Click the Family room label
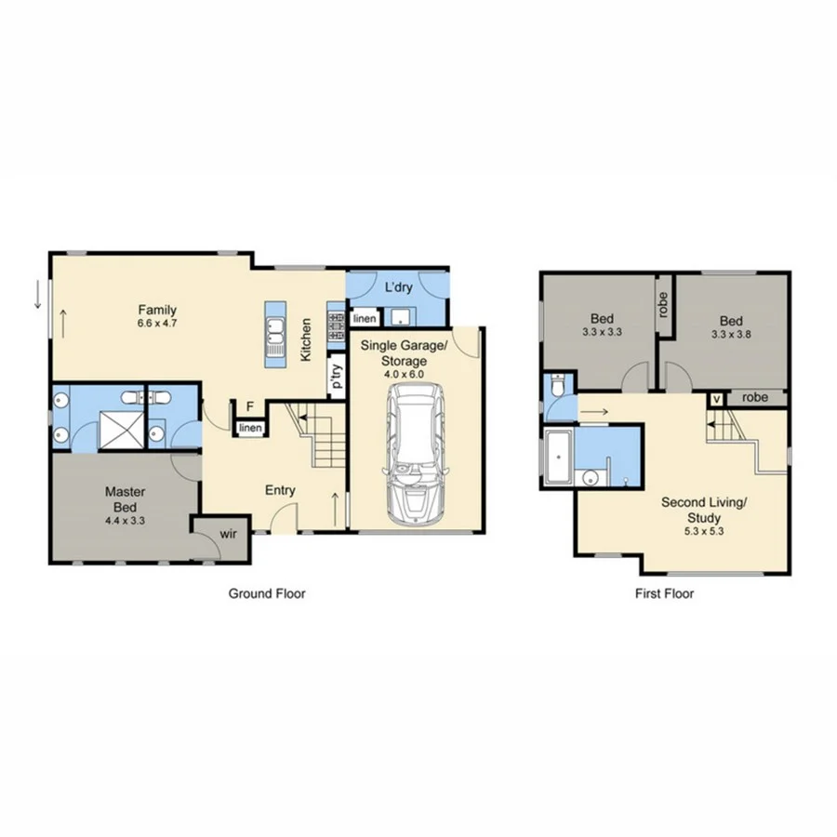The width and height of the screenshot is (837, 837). [157, 310]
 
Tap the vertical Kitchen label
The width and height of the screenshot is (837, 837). [305, 340]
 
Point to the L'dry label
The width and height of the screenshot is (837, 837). [398, 287]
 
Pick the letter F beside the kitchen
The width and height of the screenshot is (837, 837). [249, 405]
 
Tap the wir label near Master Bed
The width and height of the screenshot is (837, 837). [228, 534]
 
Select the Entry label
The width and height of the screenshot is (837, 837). [280, 490]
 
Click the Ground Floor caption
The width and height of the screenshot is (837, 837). [267, 593]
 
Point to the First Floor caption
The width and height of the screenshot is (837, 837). [665, 593]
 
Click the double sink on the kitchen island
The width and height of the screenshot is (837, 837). [274, 332]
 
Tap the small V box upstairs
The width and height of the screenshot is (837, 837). [716, 398]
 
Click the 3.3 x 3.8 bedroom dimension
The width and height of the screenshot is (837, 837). [730, 333]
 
